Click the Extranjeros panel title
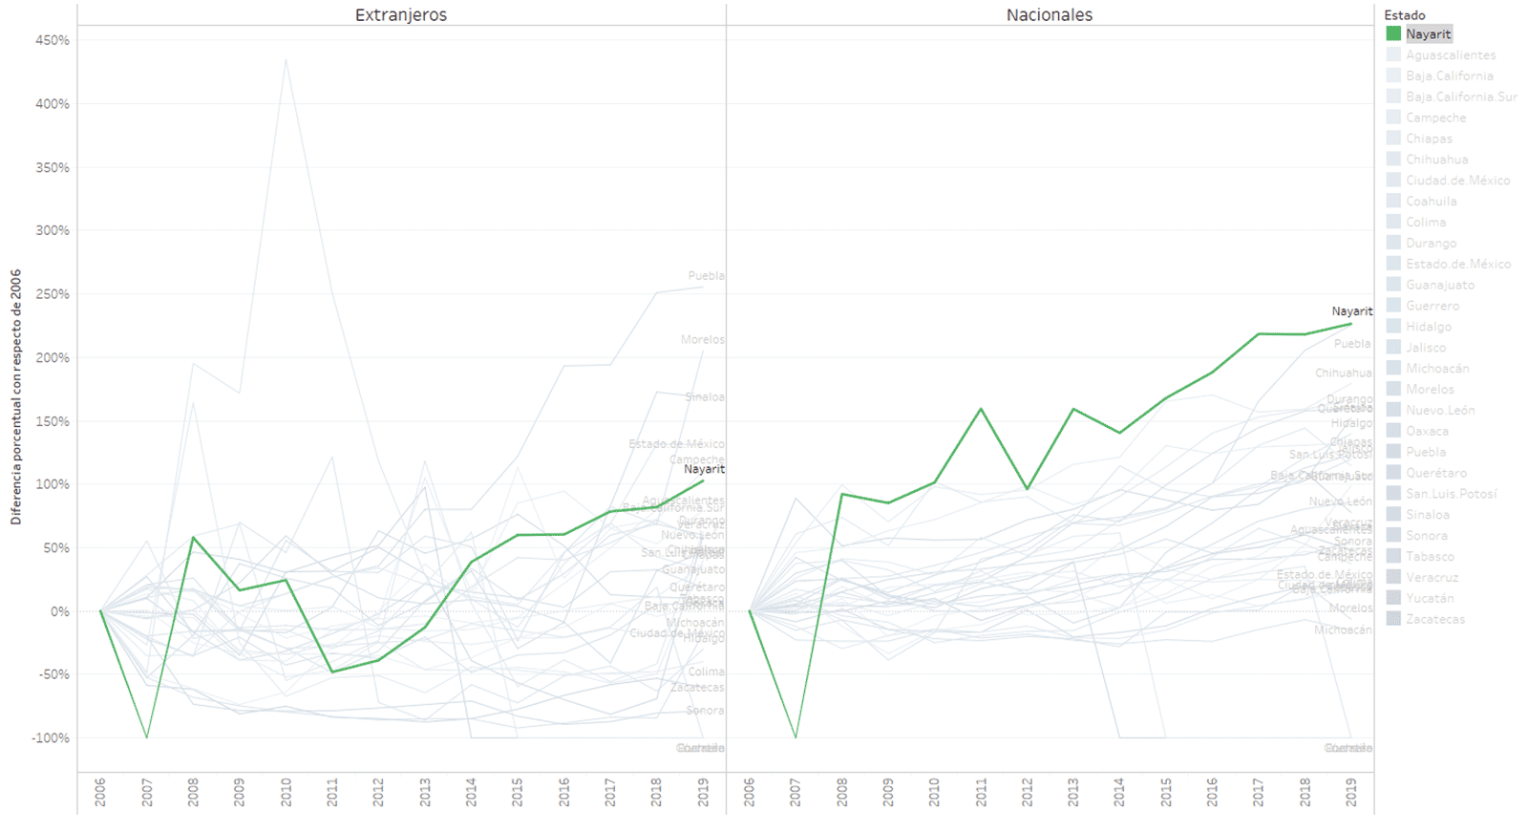400,15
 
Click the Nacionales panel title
1049,15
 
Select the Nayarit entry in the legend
1428,34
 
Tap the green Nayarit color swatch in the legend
1393,34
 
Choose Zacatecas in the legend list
1434,619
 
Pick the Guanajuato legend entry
1439,285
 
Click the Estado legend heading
1404,15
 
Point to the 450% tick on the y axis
53,40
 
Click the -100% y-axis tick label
52,737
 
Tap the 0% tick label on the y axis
59,611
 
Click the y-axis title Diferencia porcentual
16,396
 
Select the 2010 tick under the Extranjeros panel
286,791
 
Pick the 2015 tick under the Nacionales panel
1165,791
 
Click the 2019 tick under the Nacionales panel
1350,791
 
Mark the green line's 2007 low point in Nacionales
796,736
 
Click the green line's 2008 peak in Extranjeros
193,537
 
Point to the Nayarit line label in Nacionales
1351,311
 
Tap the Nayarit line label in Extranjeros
704,469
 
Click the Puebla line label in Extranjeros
706,276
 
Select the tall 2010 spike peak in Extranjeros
286,60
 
